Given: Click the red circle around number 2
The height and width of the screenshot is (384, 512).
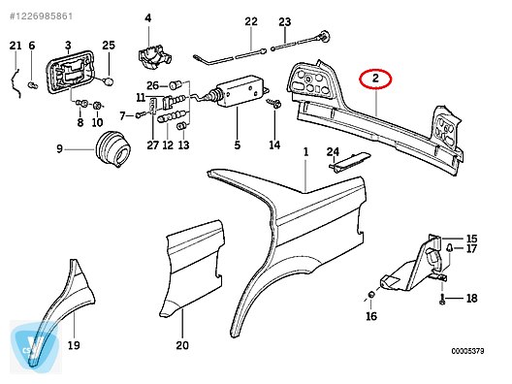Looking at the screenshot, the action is coord(375,69).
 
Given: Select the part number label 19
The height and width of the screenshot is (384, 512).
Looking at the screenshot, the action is coord(74,345).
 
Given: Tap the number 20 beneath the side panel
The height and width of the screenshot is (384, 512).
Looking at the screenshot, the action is coord(182,345).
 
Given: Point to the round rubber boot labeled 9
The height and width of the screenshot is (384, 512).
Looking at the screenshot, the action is coord(113,149).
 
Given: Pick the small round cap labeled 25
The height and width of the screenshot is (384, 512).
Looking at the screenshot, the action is coord(109,80).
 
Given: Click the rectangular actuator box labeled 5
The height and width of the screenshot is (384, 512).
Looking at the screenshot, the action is coord(240,90).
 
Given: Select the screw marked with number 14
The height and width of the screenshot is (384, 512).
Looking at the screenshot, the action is coord(274,104).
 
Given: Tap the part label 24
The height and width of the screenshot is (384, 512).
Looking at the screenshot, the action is coord(333,152).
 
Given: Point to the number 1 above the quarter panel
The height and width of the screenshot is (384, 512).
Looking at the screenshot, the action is coord(306,152).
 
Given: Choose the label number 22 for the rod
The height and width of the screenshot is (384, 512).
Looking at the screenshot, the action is coord(251,21).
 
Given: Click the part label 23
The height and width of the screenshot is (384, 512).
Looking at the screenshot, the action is coord(285,22).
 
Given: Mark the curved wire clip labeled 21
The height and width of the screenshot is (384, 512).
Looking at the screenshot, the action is coord(16,83).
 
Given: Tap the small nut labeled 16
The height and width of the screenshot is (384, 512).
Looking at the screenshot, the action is coord(371,295).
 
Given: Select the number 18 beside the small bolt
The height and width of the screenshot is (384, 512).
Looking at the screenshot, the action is coord(471,298).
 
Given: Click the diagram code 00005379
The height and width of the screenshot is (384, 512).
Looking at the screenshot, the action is coord(468,351).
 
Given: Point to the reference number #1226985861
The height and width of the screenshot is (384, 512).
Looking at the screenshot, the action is coord(41,16).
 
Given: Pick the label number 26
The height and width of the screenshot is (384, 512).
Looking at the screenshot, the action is coord(152,85).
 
